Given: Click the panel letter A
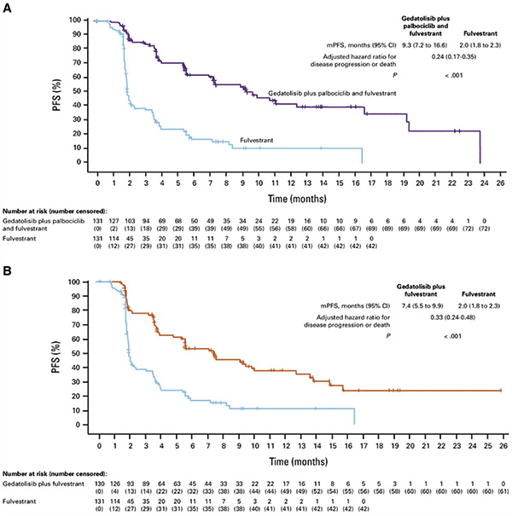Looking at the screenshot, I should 7,8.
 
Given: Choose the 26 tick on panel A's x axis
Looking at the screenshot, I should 503,182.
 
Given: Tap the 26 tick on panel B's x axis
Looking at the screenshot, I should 503,444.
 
